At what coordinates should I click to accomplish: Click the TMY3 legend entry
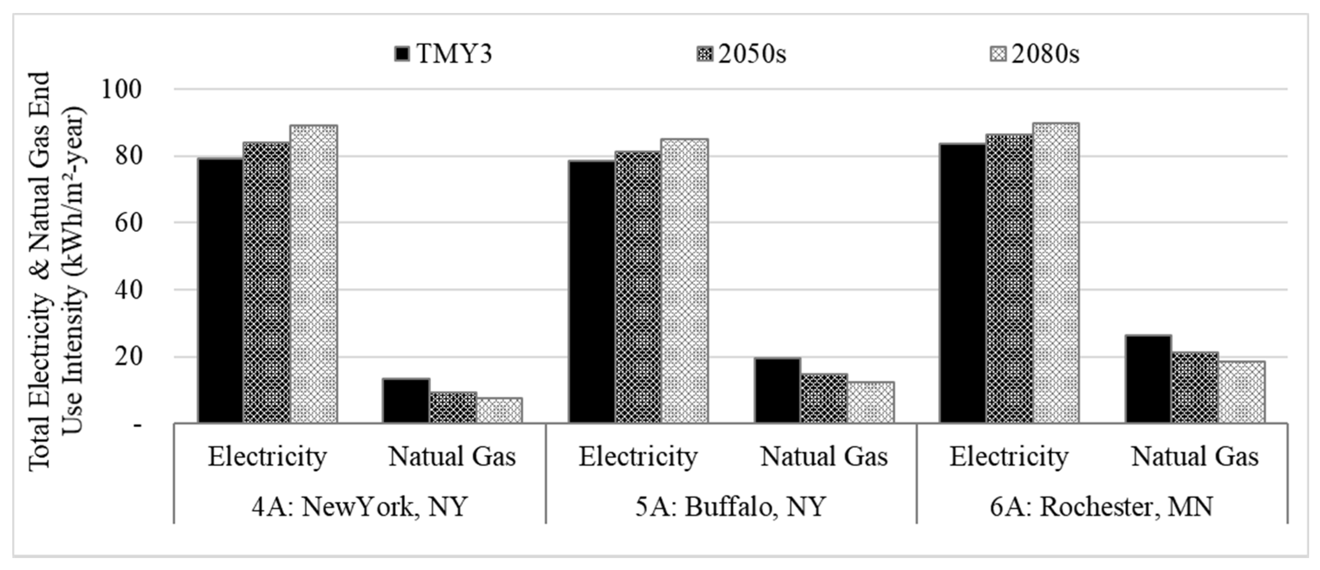444,53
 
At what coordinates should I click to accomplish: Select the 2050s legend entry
741,53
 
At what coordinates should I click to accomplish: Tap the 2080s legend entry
1035,53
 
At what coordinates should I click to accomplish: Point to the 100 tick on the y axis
121,90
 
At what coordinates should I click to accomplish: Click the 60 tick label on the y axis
128,223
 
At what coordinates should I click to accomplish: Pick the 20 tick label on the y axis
128,357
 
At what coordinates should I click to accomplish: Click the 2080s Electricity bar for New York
314,274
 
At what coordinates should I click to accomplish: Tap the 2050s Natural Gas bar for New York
453,408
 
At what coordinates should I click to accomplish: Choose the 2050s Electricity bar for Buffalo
638,287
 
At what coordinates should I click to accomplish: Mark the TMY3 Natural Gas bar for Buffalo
777,390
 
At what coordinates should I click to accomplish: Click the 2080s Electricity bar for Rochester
1056,273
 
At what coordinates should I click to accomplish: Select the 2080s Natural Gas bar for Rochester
1241,392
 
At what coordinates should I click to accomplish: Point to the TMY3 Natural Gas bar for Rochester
1148,379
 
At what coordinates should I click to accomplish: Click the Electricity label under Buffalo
638,456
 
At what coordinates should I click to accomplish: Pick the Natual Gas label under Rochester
1195,456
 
